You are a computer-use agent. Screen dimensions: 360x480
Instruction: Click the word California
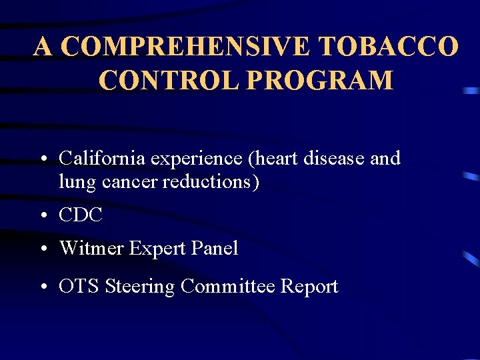102,159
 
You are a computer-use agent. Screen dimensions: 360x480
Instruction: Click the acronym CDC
81,215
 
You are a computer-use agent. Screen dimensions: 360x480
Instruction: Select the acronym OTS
79,287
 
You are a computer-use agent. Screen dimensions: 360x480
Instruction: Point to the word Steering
140,287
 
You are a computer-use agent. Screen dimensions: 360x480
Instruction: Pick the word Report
309,287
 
